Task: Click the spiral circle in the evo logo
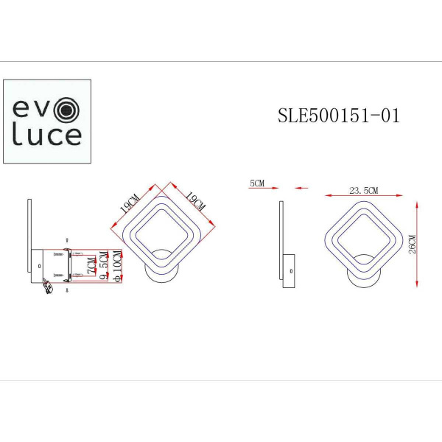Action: (x=68, y=110)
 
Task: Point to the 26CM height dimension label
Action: (x=412, y=243)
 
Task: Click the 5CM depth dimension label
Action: (x=257, y=182)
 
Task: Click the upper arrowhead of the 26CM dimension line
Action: (x=418, y=201)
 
